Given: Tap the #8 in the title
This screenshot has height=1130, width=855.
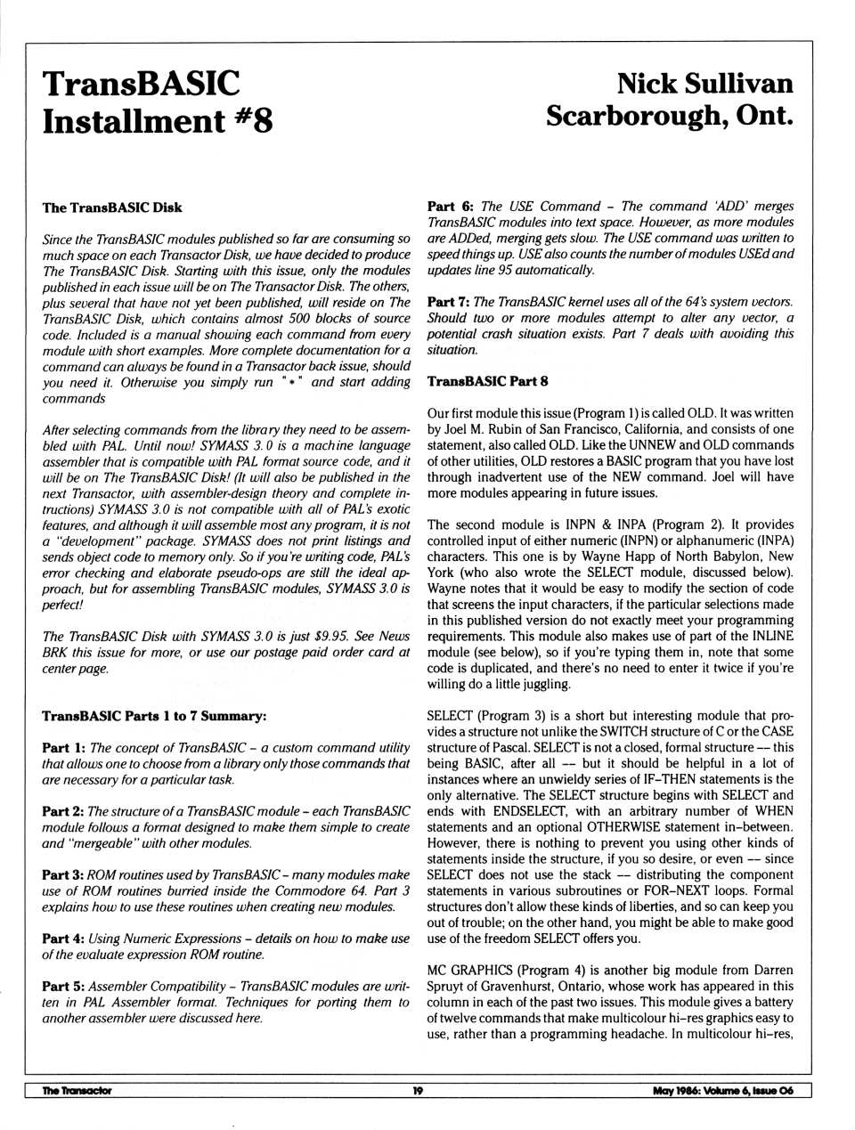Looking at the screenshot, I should coord(252,120).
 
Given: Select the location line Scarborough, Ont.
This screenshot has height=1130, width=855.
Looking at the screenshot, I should coord(669,116).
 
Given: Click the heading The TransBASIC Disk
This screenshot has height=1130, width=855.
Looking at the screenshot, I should coord(112,207).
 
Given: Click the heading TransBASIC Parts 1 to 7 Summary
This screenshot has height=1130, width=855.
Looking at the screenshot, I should coord(154,716).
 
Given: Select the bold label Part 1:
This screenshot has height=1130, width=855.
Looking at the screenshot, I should coord(63,748).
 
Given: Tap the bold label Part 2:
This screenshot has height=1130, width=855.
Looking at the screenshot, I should coord(63,811).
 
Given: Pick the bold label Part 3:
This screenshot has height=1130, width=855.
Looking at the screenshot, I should coord(63,874).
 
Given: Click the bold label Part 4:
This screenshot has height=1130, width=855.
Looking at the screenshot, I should coord(63,939).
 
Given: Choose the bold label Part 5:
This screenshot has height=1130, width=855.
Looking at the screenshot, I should coord(63,986).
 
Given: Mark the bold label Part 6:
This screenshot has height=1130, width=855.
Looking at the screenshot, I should coord(450,206).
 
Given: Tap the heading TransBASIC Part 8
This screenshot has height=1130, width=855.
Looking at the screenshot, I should coord(487,381).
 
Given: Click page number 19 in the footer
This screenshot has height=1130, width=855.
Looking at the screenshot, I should coord(417,1090).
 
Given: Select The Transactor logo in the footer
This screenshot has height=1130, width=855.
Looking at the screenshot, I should coord(77,1090).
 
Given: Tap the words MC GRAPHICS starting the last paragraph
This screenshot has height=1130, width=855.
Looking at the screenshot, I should coord(470,970).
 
